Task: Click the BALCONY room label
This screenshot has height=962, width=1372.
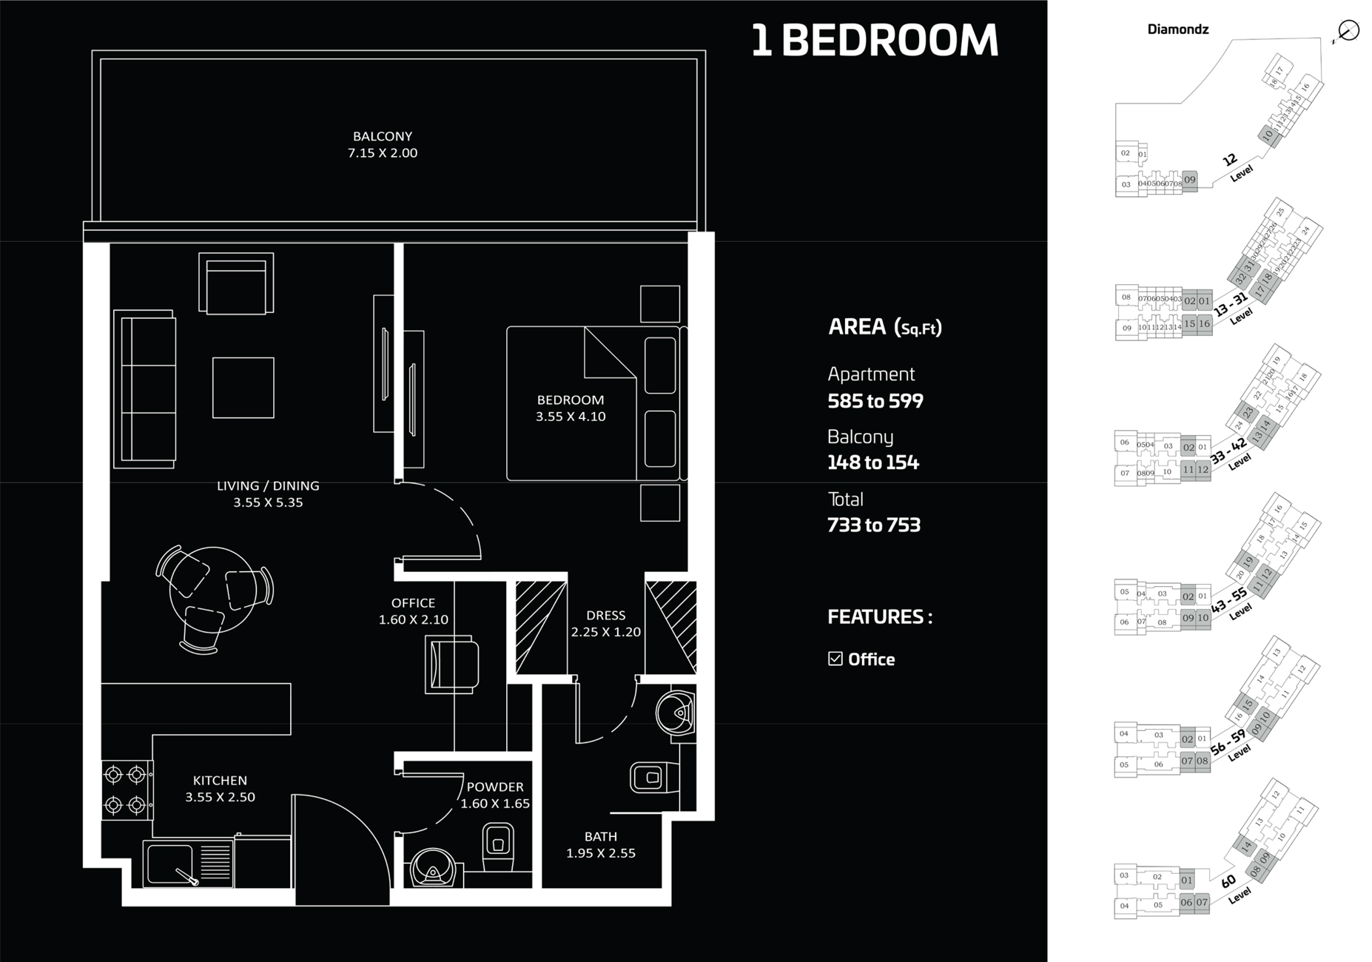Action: (382, 136)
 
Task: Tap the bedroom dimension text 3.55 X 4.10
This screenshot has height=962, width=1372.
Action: (571, 417)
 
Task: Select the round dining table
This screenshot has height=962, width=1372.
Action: (213, 590)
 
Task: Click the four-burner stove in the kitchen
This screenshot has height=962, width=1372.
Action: (125, 790)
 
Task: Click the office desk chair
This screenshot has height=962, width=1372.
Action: (453, 665)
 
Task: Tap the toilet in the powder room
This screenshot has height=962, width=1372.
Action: (498, 848)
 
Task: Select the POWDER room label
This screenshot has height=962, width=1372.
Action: (495, 787)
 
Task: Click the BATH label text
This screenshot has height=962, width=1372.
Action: (600, 836)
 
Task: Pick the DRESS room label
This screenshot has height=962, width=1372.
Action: (605, 615)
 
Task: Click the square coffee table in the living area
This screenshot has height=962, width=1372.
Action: (243, 388)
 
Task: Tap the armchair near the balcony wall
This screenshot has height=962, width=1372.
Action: (236, 283)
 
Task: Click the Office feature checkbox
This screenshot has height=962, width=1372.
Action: (835, 659)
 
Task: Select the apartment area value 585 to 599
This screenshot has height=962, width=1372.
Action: (875, 401)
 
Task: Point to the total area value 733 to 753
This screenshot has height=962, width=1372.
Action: (873, 525)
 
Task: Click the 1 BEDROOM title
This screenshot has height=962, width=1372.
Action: (874, 41)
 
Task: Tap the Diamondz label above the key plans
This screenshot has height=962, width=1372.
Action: (1177, 30)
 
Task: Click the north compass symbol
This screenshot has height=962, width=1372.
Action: (1348, 30)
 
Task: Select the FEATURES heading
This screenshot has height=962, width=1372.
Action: (879, 616)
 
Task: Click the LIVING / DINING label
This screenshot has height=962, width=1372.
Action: (268, 485)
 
